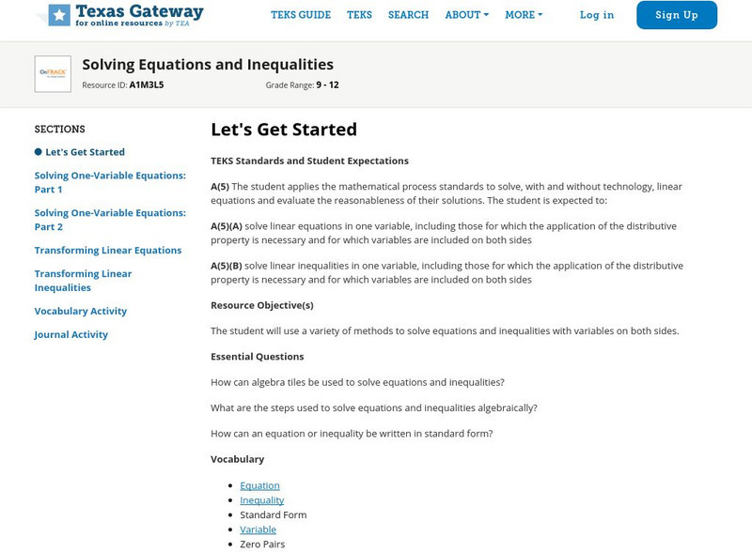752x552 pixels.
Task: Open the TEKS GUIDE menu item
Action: (x=301, y=15)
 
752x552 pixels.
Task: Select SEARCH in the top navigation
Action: (x=408, y=15)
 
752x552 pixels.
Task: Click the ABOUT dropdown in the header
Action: (x=466, y=15)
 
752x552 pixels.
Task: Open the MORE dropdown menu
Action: (x=524, y=15)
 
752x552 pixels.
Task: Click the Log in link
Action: (x=597, y=15)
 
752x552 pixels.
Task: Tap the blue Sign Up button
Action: (x=677, y=15)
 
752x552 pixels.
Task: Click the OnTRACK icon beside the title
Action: (x=53, y=74)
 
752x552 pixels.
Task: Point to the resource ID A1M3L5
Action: (x=147, y=85)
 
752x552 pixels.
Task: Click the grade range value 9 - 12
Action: (x=327, y=85)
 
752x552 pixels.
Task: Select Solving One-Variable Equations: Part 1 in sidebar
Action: (x=110, y=182)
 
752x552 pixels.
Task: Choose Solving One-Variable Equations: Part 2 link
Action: (x=110, y=220)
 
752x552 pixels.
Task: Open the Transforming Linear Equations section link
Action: (x=108, y=251)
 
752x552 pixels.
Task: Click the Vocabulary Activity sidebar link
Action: (x=81, y=312)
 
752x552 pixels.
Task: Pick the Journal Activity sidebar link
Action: (x=71, y=335)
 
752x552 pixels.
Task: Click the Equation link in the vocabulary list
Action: (x=259, y=486)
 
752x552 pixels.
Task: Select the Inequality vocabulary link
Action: (x=262, y=500)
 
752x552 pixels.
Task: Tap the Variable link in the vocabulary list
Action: (x=258, y=529)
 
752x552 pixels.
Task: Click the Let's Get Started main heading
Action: (x=284, y=130)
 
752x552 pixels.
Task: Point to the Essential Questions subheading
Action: (x=257, y=357)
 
